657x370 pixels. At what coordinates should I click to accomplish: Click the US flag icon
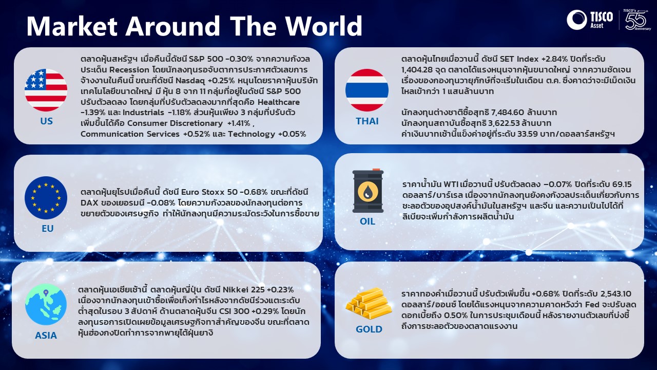(46, 90)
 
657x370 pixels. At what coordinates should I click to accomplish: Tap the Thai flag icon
(367, 90)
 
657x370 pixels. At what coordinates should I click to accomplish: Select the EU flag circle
(46, 198)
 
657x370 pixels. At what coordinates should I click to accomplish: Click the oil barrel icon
(368, 191)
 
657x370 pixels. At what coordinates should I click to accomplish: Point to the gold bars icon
(369, 303)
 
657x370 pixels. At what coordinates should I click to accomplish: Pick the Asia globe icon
(46, 304)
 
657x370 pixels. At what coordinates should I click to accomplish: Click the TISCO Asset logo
(590, 20)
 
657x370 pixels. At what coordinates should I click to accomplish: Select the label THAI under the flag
(367, 121)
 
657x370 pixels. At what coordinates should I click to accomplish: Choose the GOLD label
(369, 329)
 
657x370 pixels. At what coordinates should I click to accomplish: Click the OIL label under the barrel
(368, 221)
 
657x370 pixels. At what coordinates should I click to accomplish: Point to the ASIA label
(46, 336)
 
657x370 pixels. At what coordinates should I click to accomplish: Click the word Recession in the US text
(129, 70)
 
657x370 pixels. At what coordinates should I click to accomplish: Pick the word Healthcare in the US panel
(279, 102)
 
